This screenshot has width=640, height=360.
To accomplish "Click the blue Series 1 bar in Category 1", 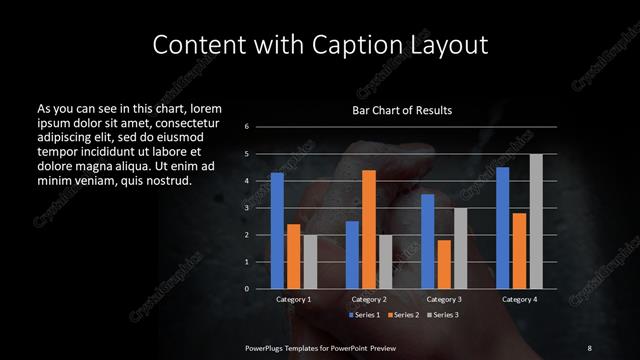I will [x=277, y=231].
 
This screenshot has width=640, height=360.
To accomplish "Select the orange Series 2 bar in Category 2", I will [x=369, y=229].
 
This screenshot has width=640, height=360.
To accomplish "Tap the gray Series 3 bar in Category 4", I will [x=536, y=221].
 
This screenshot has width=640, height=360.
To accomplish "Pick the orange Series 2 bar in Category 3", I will [x=444, y=264].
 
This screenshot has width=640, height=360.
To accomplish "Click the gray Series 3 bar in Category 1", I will [x=310, y=262].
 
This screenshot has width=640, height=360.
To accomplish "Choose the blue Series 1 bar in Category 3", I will [x=428, y=241].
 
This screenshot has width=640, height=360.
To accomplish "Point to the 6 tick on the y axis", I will [x=247, y=127].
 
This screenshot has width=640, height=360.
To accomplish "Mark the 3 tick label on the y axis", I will [x=247, y=208].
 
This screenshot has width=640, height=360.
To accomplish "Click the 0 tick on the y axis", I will [x=247, y=289].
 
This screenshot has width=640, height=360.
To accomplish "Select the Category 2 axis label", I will [x=369, y=299].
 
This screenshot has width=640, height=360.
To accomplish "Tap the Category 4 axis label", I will [x=519, y=299].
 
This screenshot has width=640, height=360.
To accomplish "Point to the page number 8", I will [x=589, y=347].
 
